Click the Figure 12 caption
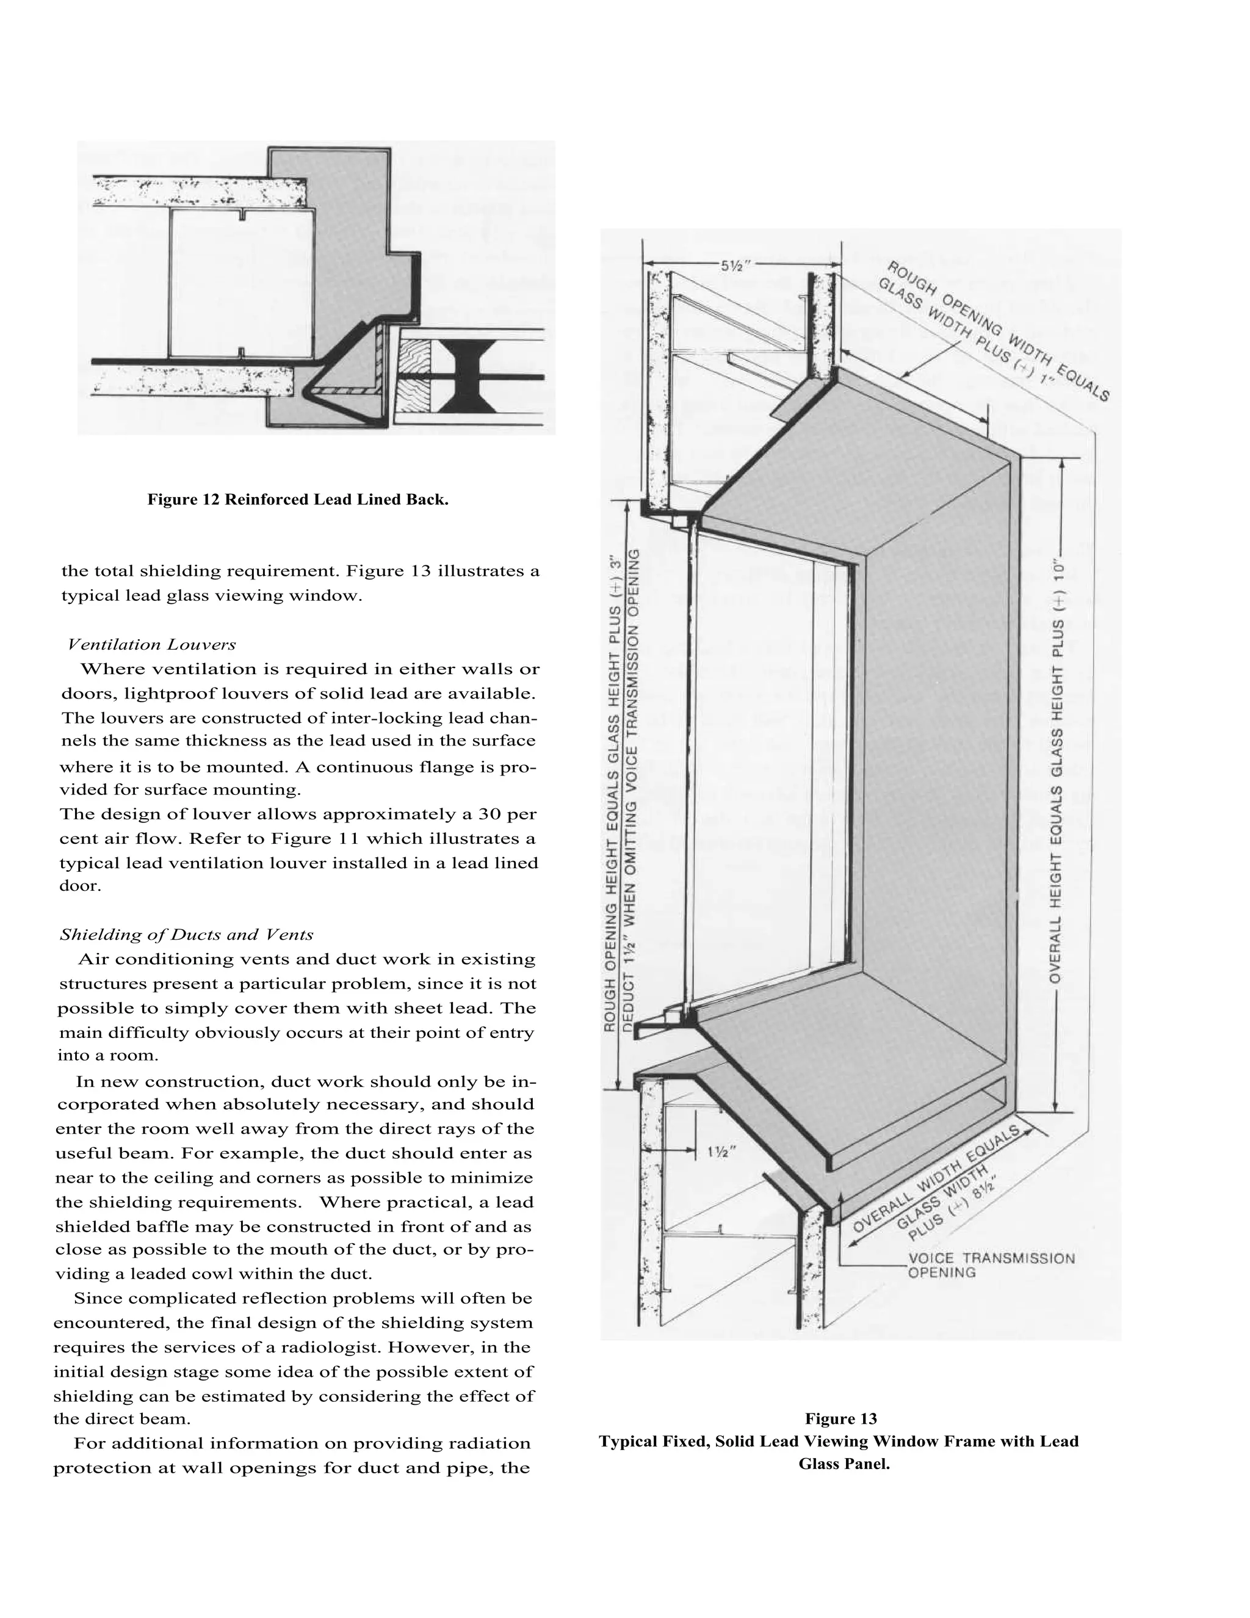point(298,499)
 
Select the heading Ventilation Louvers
point(152,645)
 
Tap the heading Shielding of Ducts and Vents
point(187,934)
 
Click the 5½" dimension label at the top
point(737,265)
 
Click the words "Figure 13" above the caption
point(840,1419)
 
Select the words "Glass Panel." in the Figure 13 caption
point(844,1464)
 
